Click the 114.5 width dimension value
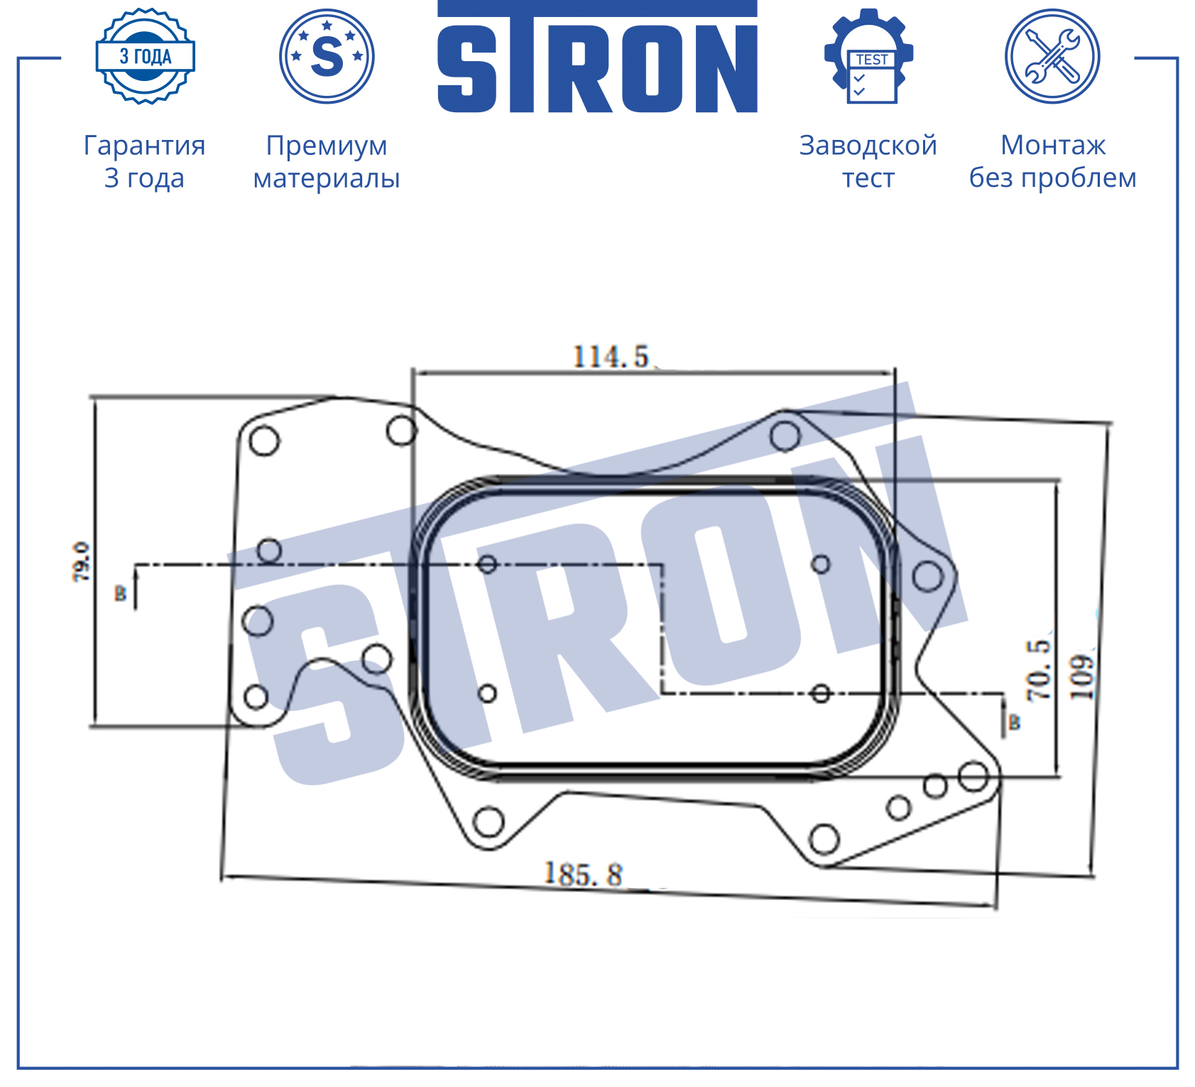tap(611, 357)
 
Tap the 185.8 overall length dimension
tap(583, 875)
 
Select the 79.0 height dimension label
tap(82, 562)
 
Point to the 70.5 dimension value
tap(1038, 670)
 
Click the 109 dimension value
tap(1082, 677)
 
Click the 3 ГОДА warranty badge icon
tap(146, 56)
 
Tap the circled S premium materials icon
tap(327, 56)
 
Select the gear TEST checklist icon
tap(868, 56)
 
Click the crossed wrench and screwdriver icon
tap(1052, 56)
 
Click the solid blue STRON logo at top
tap(597, 57)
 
